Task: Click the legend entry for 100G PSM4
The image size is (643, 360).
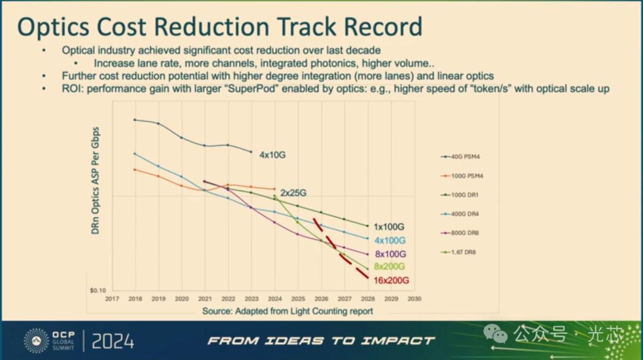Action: tap(461, 176)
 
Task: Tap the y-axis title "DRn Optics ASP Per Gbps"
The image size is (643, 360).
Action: tap(96, 180)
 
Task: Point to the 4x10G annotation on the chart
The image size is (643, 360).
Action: tap(273, 155)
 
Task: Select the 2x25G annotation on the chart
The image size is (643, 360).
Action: tap(294, 193)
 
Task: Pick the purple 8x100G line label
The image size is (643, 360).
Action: tap(390, 254)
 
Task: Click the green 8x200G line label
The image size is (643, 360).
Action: tap(390, 267)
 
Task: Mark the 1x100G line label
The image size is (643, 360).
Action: tap(389, 227)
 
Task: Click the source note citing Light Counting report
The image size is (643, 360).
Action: tap(288, 311)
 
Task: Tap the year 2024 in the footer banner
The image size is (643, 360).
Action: tap(114, 341)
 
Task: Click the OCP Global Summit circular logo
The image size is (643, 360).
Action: tap(36, 340)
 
